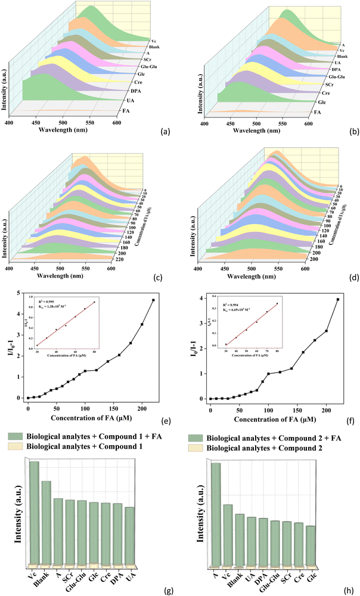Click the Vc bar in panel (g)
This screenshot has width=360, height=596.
35,512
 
